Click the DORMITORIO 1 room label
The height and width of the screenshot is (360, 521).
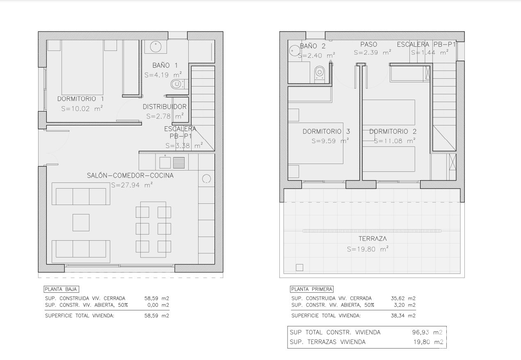[80, 99]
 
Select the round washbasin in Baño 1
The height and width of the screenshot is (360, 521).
[155, 47]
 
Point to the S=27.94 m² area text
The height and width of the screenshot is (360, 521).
[132, 185]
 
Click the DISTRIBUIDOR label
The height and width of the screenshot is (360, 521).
[165, 107]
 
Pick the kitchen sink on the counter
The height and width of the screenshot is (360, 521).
[165, 162]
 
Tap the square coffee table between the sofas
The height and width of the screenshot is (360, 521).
[81, 222]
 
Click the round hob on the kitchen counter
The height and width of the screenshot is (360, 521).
[206, 179]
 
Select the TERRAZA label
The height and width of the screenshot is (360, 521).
[372, 239]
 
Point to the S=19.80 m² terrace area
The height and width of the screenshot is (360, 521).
[368, 249]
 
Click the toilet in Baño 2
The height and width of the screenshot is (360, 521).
[320, 73]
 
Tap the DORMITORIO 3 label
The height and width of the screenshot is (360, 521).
[326, 132]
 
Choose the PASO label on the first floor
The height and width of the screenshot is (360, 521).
[369, 44]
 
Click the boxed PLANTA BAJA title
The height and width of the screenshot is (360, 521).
[62, 289]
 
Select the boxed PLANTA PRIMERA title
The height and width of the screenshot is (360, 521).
[312, 289]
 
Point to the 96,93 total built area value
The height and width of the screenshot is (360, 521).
[420, 333]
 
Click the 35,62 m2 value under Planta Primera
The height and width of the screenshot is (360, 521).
[403, 298]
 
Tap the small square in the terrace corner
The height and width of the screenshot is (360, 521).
[299, 267]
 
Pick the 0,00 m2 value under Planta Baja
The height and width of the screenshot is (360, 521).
[158, 305]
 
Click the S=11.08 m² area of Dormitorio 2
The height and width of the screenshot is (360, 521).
[395, 141]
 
